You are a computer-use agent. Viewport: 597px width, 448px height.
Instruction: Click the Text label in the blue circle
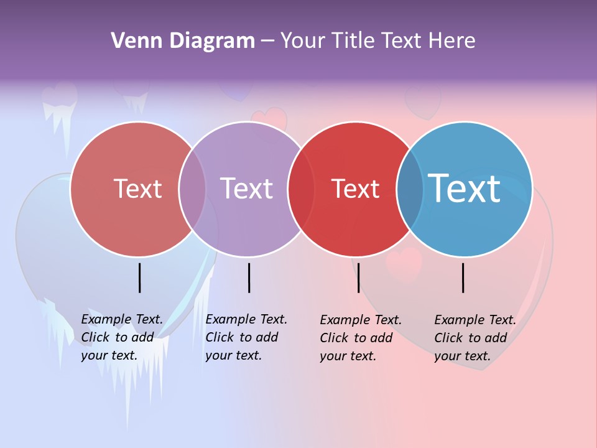click(465, 189)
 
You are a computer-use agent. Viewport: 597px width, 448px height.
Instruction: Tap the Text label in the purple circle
click(247, 189)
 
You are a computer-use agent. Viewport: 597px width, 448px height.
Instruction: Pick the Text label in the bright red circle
click(355, 189)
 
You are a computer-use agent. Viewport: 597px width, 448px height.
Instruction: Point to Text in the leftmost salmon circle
click(137, 189)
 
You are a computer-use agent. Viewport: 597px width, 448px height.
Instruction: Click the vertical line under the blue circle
click(463, 278)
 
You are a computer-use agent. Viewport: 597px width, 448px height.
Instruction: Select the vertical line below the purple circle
click(249, 278)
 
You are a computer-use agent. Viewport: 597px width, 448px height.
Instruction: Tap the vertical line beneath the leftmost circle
click(140, 278)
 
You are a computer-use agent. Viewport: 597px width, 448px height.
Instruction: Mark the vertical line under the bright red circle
click(359, 278)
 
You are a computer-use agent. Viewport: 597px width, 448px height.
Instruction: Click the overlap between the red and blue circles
click(410, 189)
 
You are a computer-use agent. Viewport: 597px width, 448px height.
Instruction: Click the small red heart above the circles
click(269, 118)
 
